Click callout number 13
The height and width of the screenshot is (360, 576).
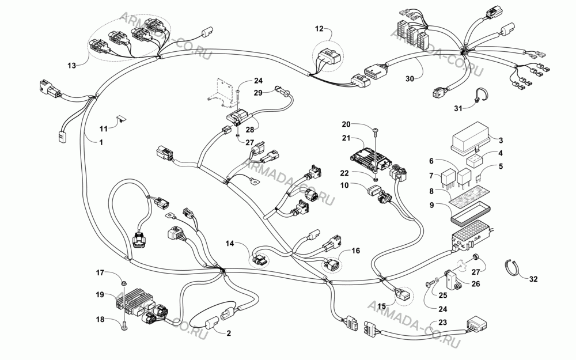point(71,66)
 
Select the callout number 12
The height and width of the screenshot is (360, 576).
point(319,28)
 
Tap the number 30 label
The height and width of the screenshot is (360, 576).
point(410,78)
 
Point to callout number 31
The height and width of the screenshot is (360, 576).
point(458,108)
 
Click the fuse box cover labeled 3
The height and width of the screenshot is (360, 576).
point(471,138)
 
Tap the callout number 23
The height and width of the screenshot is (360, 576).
point(442,322)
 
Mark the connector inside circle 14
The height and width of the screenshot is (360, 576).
point(260,260)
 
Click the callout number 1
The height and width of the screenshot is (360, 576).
point(101,142)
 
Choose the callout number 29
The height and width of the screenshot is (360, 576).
point(258,93)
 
